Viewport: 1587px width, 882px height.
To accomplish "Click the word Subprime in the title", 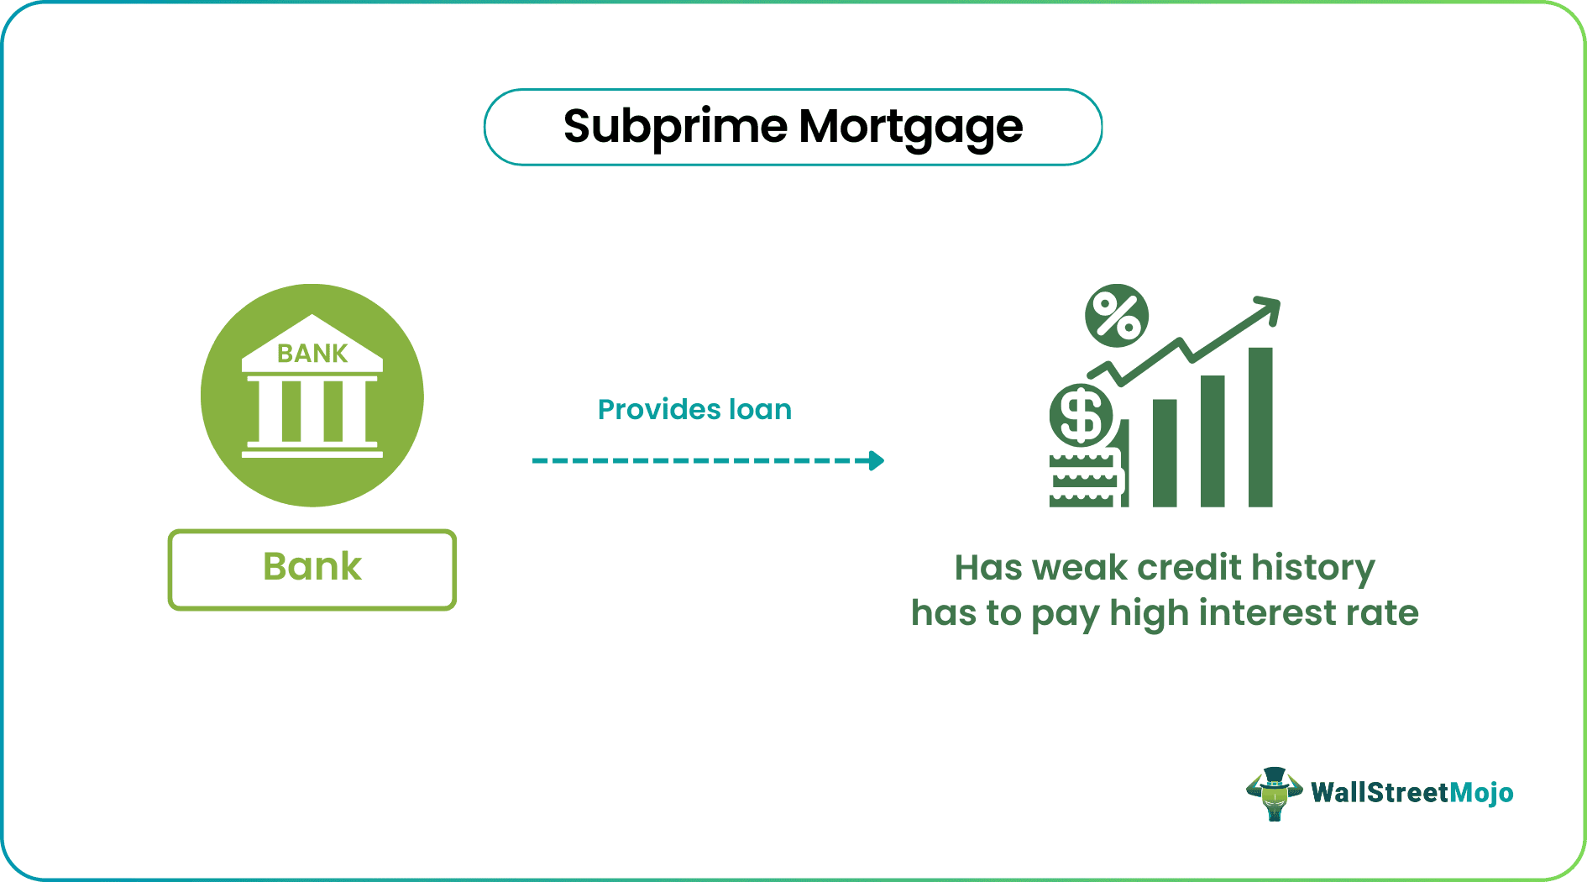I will pyautogui.click(x=675, y=128).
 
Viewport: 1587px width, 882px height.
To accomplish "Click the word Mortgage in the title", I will pyautogui.click(x=910, y=128).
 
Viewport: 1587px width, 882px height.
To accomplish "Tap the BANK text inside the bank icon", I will pyautogui.click(x=312, y=354).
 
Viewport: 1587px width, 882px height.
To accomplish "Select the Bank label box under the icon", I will pyautogui.click(x=312, y=569).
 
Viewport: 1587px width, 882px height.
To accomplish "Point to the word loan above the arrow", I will pyautogui.click(x=760, y=410).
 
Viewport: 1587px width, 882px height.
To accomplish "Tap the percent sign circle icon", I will pyautogui.click(x=1116, y=316).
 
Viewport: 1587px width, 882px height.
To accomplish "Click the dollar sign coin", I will pyautogui.click(x=1081, y=416).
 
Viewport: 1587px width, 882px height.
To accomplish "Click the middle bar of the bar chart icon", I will pyautogui.click(x=1213, y=440).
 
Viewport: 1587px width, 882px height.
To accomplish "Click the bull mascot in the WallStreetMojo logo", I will pyautogui.click(x=1274, y=793).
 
